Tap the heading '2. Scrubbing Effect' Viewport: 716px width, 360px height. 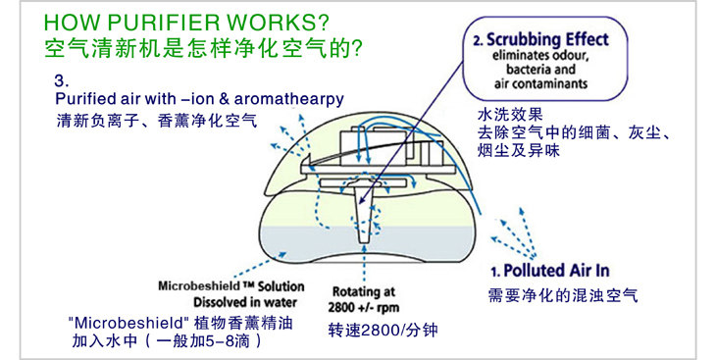coord(541,40)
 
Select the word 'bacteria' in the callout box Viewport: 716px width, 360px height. coord(525,70)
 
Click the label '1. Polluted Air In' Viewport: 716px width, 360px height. coord(550,271)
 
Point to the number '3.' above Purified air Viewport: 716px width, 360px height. coord(62,80)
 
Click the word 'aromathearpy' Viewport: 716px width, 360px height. coord(289,99)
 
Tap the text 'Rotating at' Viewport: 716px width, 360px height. coord(364,291)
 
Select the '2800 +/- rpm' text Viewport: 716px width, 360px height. coord(364,307)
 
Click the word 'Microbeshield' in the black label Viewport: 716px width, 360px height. coord(199,286)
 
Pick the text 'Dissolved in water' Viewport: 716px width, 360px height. coord(245,302)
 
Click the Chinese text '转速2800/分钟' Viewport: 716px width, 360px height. coord(384,330)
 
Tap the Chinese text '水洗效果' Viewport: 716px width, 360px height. coord(510,114)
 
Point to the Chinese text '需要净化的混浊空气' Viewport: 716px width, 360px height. coord(563,295)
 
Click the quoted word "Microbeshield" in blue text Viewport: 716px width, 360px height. coord(128,324)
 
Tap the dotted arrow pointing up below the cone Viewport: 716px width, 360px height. coord(364,264)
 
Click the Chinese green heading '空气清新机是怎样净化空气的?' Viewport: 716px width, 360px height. coord(204,48)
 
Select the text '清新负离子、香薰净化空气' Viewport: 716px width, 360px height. coord(157,120)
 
